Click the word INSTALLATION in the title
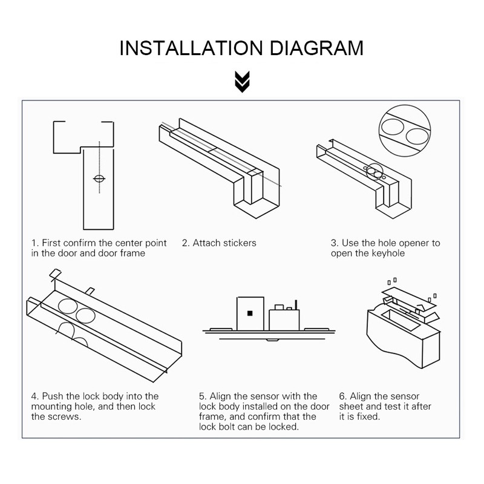click(x=191, y=48)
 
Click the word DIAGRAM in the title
click(x=316, y=48)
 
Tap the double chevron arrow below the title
click(x=242, y=82)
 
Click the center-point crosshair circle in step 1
click(x=99, y=178)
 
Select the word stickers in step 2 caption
click(x=240, y=243)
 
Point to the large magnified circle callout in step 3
click(x=404, y=131)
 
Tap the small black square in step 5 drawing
click(x=250, y=313)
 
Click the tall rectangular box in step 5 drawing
click(x=250, y=313)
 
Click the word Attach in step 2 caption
click(x=206, y=243)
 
